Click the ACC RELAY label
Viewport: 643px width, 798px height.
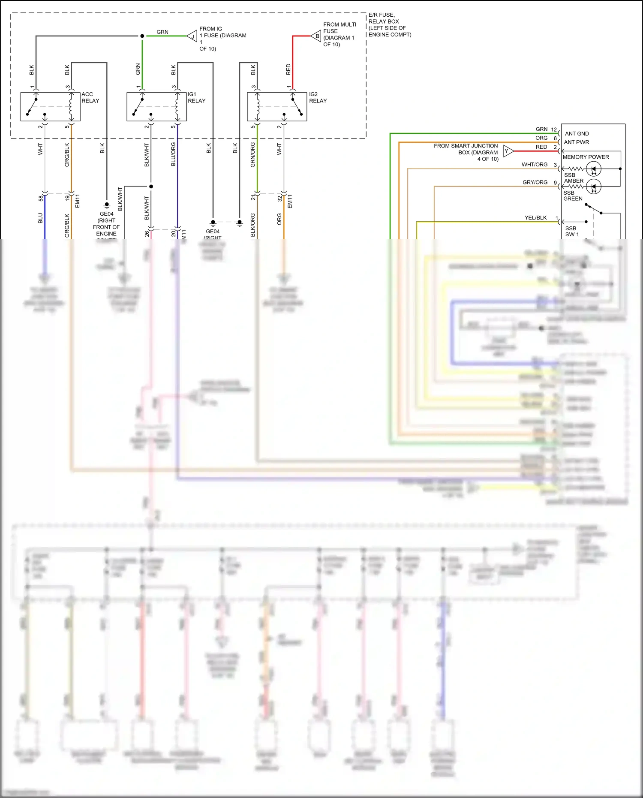coord(90,97)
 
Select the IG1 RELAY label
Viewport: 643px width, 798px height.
coord(196,97)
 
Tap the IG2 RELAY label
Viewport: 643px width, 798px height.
coord(318,97)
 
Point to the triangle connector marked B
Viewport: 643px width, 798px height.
coord(316,36)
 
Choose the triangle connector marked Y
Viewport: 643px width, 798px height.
coord(508,151)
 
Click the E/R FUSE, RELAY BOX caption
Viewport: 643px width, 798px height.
coord(389,25)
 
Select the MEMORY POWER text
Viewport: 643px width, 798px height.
coord(586,157)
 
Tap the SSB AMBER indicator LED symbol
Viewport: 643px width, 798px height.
coord(594,169)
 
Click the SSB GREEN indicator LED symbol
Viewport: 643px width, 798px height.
coord(594,187)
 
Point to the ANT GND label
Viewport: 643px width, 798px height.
coord(577,134)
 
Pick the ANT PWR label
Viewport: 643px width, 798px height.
coord(576,142)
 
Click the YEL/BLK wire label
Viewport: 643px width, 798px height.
coord(535,218)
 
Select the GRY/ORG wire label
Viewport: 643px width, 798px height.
coord(535,182)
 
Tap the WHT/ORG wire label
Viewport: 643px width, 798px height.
coord(534,165)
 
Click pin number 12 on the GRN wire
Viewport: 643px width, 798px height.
coord(554,129)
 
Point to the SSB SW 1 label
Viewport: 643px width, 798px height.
coord(571,232)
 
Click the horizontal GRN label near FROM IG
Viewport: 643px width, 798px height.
coord(162,32)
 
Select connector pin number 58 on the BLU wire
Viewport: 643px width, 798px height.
coord(41,199)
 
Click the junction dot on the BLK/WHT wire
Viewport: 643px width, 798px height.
coord(151,187)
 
